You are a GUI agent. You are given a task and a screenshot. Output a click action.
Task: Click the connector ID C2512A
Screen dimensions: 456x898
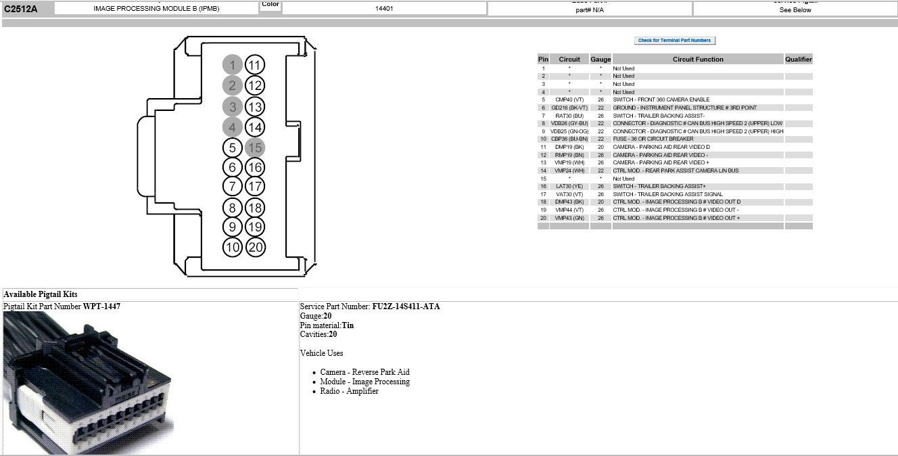point(20,9)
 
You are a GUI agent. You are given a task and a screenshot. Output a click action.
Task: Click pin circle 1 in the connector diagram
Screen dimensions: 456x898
point(232,65)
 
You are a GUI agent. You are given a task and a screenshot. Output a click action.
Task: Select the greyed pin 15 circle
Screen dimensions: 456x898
point(255,147)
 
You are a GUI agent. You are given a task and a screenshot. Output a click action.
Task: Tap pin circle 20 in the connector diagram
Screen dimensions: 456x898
point(255,247)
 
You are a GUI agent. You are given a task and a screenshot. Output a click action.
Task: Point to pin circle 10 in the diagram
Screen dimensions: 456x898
point(232,247)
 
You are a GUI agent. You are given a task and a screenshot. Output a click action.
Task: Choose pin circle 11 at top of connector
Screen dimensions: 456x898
point(255,65)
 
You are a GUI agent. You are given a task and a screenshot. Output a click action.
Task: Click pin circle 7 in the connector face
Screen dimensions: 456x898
point(232,186)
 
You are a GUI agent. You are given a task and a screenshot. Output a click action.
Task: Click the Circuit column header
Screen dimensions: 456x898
point(569,60)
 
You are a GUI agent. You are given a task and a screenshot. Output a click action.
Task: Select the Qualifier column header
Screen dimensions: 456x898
point(798,60)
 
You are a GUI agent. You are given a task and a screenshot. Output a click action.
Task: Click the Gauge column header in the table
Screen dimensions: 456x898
point(600,60)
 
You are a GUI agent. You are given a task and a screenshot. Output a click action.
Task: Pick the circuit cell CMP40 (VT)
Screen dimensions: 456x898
point(569,99)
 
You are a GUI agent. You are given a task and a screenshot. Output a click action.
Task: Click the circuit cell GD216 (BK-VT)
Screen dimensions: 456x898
point(569,108)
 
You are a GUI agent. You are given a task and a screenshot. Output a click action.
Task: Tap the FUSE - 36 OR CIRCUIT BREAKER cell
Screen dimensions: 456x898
point(653,139)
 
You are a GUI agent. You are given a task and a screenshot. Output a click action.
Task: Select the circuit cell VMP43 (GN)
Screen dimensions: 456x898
point(569,218)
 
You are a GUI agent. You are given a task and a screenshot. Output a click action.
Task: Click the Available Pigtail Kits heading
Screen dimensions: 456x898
point(41,294)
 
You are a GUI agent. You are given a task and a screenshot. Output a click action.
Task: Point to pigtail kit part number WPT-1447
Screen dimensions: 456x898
point(101,306)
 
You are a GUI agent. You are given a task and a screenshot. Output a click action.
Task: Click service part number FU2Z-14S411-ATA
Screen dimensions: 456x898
point(406,306)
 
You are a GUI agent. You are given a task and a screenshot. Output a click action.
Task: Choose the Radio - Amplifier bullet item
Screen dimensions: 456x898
point(349,391)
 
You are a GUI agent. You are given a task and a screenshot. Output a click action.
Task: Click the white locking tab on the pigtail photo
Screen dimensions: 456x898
point(27,406)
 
